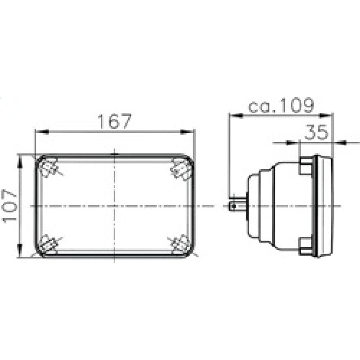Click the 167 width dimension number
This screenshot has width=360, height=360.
coord(115,121)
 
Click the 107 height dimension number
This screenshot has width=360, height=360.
coord(10,206)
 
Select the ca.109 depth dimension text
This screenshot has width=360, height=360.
coord(281,106)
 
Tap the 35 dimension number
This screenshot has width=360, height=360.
coord(317,133)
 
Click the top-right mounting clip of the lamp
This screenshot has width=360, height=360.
coord(181,170)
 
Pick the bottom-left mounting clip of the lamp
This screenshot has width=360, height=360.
coord(48,244)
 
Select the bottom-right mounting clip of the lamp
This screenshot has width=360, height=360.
coord(181,243)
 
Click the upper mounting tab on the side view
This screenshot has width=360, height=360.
coord(306,166)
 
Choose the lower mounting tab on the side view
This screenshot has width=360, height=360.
coord(306,245)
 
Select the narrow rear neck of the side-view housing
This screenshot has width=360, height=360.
coord(252,206)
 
